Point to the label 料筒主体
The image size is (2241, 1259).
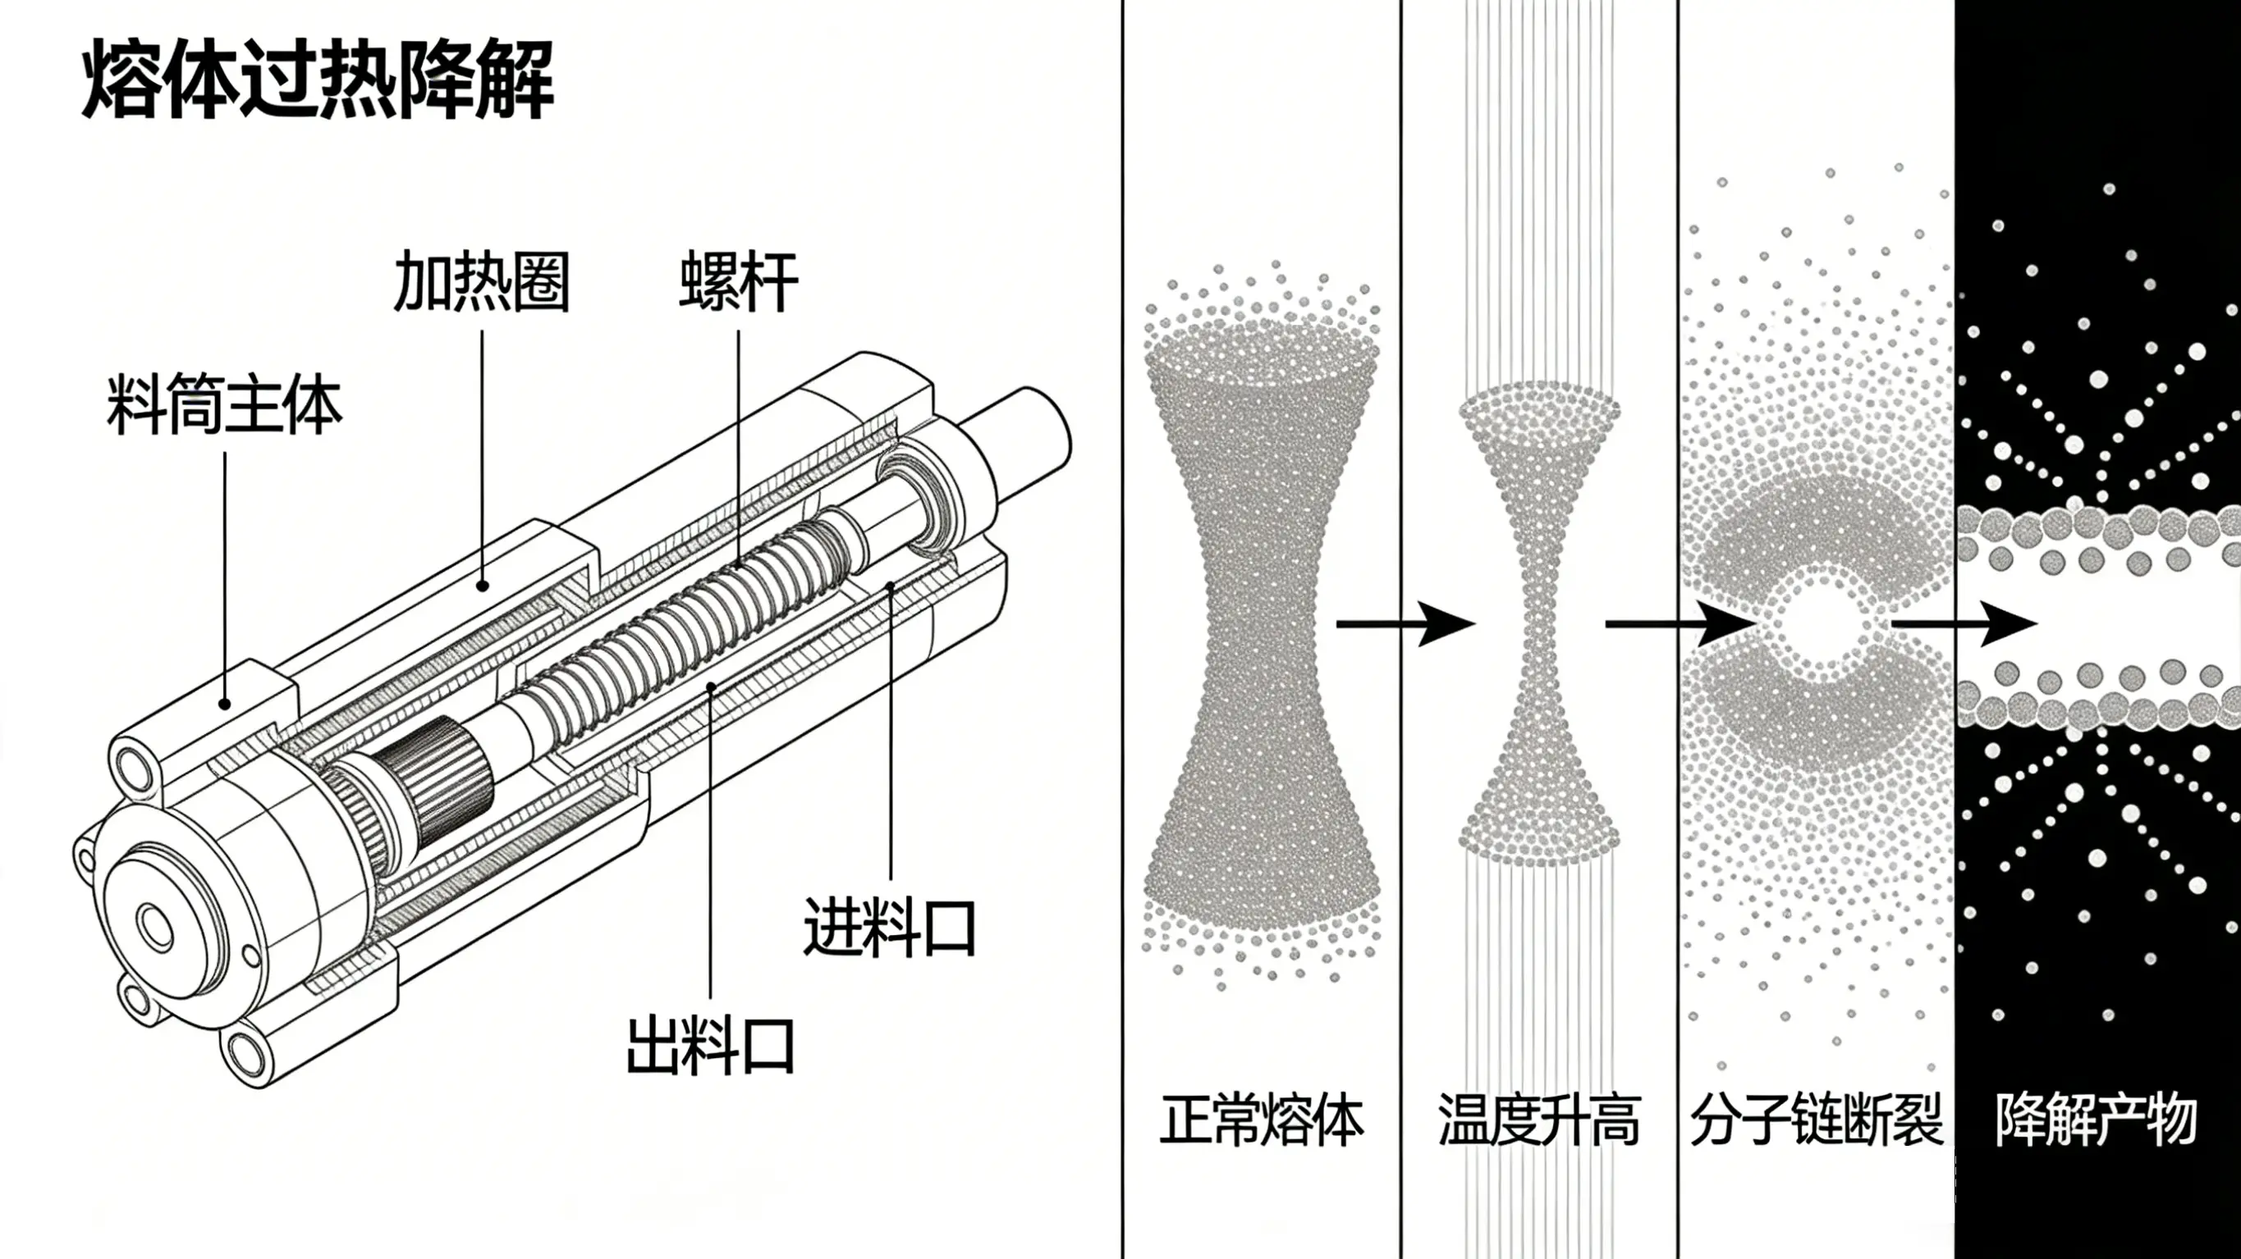point(224,405)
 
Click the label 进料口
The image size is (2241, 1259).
point(888,928)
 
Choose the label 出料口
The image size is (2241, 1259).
point(710,1047)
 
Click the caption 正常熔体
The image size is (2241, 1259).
point(1262,1120)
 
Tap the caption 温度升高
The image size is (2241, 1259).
point(1539,1120)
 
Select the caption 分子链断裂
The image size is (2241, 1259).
point(1817,1120)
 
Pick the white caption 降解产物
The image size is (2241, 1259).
point(2097,1120)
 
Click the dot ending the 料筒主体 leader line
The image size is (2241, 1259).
point(224,705)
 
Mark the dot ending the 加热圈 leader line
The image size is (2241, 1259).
point(482,585)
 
